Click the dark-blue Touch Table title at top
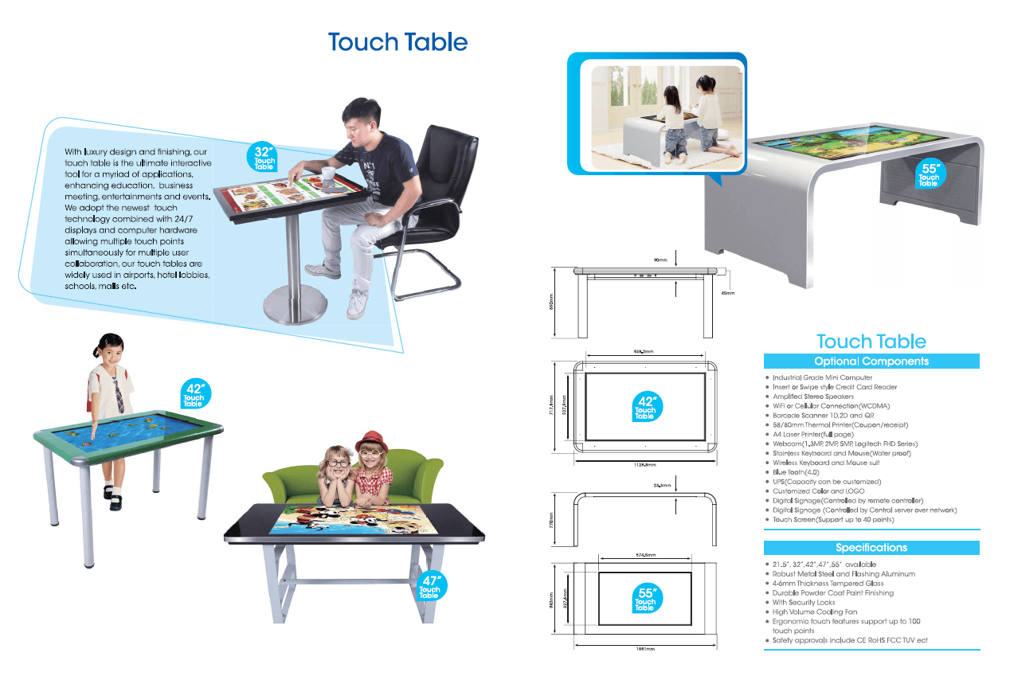[397, 42]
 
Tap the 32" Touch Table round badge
[264, 157]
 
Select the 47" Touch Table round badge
[429, 586]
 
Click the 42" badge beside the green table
[194, 396]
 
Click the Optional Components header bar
[871, 362]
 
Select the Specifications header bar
[871, 548]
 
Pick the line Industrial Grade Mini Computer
[822, 377]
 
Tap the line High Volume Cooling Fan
[815, 612]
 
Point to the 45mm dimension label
[726, 293]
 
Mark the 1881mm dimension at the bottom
[644, 649]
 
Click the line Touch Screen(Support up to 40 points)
[833, 519]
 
